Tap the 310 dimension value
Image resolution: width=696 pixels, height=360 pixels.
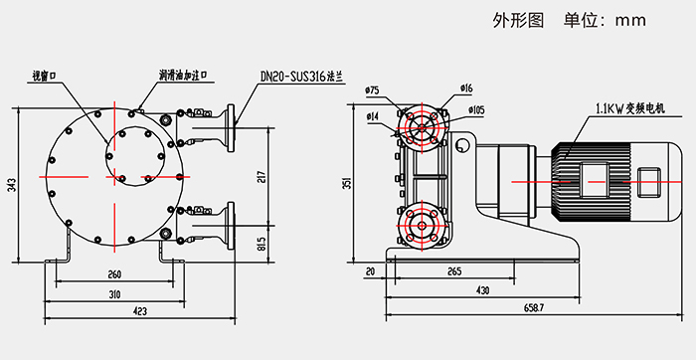(115, 294)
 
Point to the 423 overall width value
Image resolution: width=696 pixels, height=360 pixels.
(140, 312)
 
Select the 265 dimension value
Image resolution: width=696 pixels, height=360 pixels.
(453, 270)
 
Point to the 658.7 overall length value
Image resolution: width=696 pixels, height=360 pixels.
(534, 308)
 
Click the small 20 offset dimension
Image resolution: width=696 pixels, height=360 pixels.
(370, 270)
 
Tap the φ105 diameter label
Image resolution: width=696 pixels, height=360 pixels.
(475, 109)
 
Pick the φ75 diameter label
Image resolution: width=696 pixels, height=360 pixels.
(373, 90)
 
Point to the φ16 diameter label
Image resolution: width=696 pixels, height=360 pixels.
(466, 90)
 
